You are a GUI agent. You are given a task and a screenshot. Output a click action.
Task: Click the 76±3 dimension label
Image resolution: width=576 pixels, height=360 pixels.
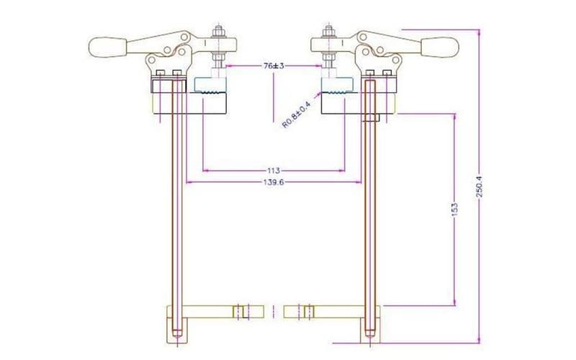273,66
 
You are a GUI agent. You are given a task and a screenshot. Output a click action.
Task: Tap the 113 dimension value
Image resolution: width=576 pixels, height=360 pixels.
274,171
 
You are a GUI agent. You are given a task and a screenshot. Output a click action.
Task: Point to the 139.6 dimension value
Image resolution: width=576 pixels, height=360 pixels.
274,183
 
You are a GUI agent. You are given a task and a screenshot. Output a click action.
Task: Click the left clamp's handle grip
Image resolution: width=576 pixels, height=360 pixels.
106,48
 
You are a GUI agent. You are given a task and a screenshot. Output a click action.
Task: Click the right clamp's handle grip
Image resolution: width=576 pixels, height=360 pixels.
440,48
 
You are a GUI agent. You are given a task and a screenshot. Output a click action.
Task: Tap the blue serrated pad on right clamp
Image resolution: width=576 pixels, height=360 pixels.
336,86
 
